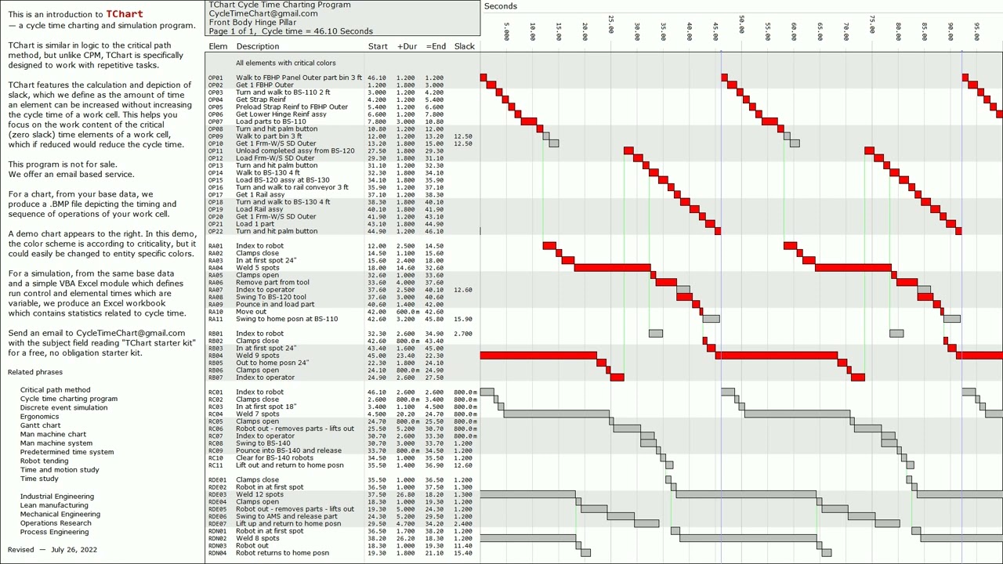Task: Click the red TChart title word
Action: point(125,14)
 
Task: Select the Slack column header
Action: point(464,46)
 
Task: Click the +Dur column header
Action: point(407,46)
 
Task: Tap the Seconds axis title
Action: point(500,6)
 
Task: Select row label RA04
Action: point(215,268)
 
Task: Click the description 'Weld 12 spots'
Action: point(259,494)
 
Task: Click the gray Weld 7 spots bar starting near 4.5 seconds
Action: point(556,414)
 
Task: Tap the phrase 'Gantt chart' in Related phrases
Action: point(40,425)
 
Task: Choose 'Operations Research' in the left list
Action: point(56,522)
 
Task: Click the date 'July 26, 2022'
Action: point(74,549)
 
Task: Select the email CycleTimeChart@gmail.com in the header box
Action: point(263,13)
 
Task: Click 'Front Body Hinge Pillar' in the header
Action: point(252,23)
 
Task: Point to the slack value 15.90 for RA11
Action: point(462,319)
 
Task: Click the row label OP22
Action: point(215,231)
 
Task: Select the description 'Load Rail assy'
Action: point(259,209)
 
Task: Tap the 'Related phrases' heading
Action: point(35,372)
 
